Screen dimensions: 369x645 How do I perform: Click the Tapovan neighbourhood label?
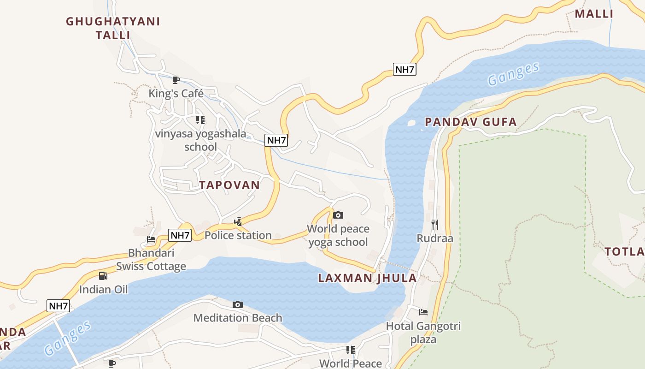[229, 185]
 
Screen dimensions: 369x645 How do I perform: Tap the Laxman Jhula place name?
[367, 278]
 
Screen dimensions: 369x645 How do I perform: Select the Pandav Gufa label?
[470, 122]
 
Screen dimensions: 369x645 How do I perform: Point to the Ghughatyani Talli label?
[113, 28]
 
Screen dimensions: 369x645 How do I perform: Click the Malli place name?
[594, 14]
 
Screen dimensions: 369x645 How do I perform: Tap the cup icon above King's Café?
[176, 80]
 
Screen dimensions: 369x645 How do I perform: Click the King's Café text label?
[176, 94]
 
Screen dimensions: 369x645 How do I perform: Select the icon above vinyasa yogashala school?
[200, 120]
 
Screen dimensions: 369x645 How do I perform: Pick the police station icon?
[238, 222]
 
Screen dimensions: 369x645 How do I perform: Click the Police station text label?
[238, 235]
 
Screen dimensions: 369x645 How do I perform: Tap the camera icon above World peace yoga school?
[338, 215]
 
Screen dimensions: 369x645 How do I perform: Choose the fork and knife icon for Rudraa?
[435, 225]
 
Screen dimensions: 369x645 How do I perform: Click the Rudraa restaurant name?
[435, 238]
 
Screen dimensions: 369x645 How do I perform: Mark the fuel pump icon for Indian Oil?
[103, 276]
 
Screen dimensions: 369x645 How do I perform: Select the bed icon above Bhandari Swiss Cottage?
[151, 239]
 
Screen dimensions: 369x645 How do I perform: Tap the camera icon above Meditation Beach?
[238, 304]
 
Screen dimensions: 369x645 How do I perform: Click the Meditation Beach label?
[238, 318]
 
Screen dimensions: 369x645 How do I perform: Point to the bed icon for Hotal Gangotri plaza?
[423, 312]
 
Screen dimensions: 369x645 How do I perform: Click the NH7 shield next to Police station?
[180, 235]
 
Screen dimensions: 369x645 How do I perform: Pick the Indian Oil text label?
[103, 290]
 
